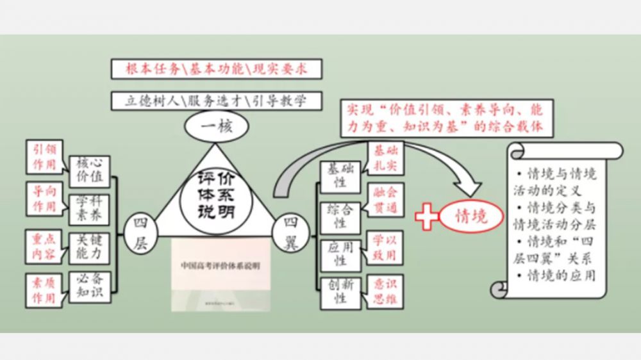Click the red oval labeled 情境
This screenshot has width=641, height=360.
(471, 215)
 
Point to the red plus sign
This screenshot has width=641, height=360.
(428, 216)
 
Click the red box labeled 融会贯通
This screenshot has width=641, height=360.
(385, 200)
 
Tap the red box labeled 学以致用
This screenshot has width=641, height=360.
(385, 248)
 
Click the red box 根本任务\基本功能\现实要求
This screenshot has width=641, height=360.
(215, 69)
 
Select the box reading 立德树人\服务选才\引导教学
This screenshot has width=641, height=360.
(215, 101)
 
